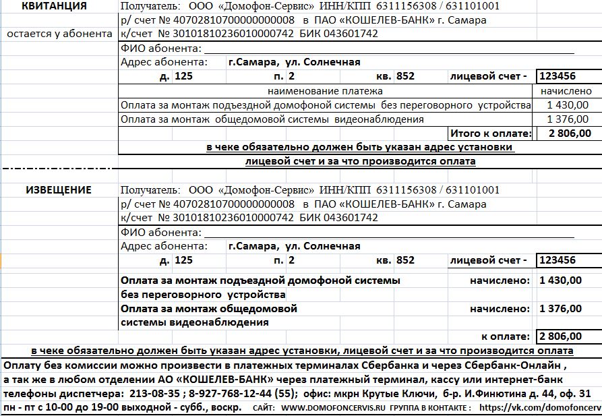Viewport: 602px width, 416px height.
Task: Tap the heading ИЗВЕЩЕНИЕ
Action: click(59, 190)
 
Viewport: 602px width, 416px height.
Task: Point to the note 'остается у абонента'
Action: click(59, 34)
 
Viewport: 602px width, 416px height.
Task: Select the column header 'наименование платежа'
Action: click(325, 90)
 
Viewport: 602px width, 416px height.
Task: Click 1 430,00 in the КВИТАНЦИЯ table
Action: click(568, 105)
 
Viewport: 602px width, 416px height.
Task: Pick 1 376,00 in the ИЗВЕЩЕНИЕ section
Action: click(560, 309)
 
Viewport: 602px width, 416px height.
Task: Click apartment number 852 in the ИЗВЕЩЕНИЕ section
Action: click(405, 260)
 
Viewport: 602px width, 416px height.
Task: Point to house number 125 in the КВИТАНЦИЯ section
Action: click(183, 76)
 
